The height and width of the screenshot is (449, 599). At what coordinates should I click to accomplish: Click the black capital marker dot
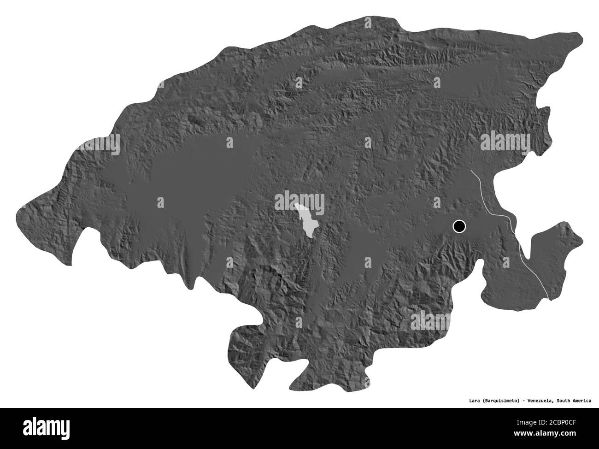[459, 226]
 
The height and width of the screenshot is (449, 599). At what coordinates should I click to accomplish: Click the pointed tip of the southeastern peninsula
[582, 240]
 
